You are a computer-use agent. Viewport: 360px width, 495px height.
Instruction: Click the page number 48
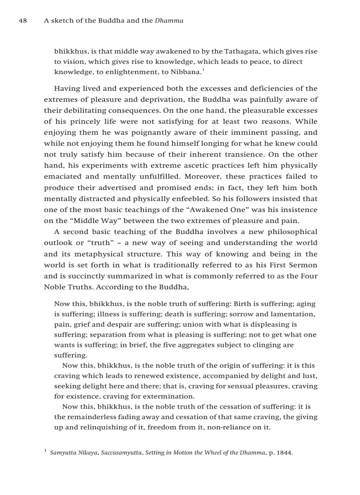(23, 21)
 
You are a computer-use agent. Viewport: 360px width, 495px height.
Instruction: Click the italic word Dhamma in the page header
(169, 21)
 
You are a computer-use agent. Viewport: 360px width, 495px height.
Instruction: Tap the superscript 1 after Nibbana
(203, 70)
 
